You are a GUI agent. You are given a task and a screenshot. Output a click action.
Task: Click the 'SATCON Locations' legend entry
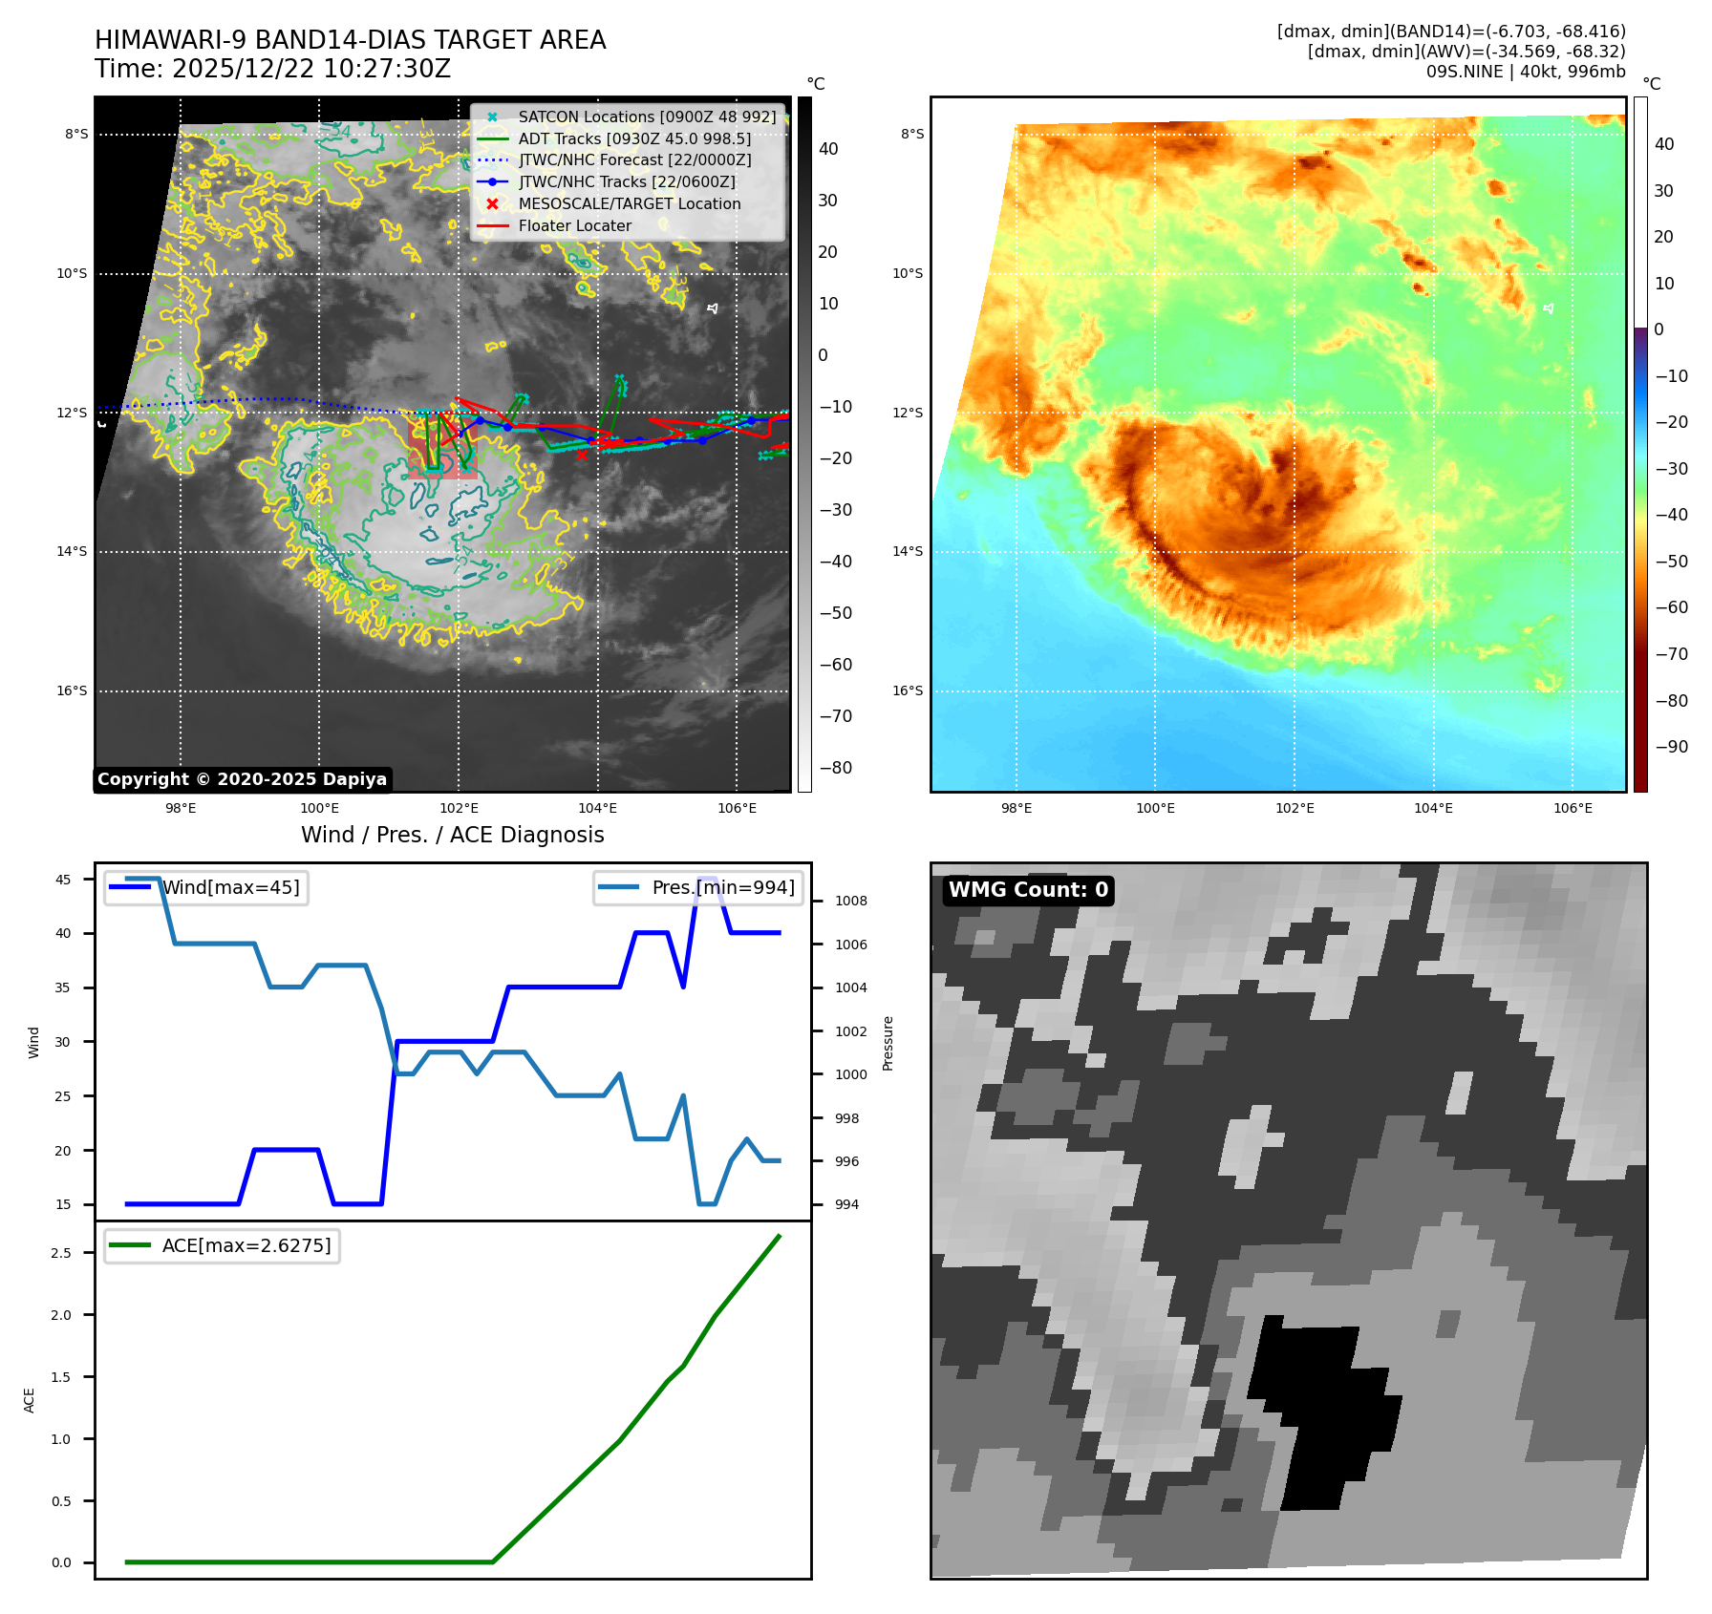646,117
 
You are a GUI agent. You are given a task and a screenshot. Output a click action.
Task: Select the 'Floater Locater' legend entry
574,226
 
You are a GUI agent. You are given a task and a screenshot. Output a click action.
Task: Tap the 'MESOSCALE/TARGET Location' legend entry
629,204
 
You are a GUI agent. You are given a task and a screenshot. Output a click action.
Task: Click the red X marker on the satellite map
582,455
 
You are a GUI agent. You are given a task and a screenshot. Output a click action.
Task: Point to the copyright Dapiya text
242,779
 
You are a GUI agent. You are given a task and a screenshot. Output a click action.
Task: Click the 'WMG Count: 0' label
1028,890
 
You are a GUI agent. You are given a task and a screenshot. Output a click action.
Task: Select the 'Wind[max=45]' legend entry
230,887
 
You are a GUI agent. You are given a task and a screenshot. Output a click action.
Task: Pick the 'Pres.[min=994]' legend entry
722,887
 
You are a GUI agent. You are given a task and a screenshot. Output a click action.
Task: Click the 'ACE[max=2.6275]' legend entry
246,1245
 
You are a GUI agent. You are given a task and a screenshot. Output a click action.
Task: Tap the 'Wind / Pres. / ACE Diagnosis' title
452,835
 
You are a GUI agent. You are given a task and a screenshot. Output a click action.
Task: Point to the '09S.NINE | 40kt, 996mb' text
1525,72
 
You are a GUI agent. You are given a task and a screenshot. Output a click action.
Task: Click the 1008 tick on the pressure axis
850,901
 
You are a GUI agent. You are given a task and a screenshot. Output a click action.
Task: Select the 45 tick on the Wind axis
63,880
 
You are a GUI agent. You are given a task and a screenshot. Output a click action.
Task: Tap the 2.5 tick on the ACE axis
61,1253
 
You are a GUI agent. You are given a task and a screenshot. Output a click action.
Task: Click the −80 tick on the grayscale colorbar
835,768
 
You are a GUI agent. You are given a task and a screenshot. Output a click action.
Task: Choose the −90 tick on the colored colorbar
1671,747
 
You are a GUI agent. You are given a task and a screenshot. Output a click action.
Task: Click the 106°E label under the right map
1573,808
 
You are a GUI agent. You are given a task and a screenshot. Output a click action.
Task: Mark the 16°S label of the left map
72,690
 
